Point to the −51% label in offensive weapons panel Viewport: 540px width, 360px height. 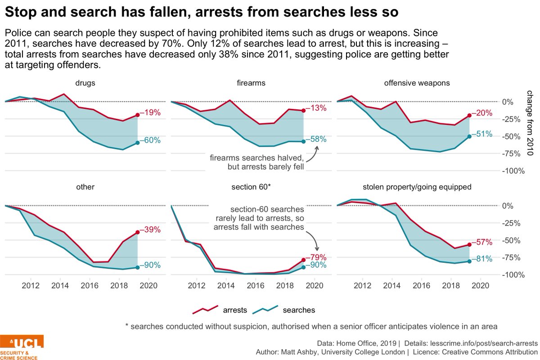482,134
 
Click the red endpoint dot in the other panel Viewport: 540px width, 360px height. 138,232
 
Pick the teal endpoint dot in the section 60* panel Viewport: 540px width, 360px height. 303,267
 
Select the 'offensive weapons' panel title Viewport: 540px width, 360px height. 417,83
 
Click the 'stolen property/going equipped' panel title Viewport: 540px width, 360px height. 417,187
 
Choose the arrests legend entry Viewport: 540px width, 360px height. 220,310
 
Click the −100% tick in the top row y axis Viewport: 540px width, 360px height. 513,171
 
